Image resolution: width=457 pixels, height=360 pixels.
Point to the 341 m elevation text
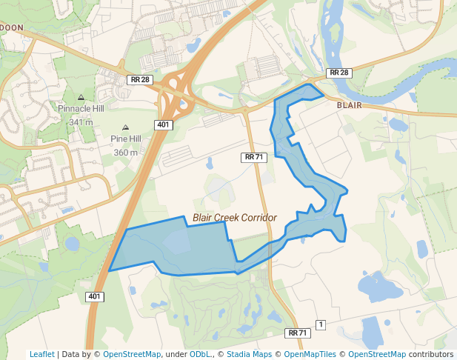[81, 121]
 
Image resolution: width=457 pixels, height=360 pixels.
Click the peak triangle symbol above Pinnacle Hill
[81, 97]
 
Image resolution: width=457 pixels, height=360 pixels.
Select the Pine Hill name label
[125, 139]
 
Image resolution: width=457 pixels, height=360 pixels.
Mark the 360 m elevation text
[125, 153]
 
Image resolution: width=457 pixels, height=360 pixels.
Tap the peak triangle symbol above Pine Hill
[125, 127]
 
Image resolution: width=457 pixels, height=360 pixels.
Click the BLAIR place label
[349, 105]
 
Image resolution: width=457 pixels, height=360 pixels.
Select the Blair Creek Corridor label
[234, 218]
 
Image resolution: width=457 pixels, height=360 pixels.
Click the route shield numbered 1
[321, 324]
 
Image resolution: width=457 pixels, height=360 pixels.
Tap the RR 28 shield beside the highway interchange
[139, 79]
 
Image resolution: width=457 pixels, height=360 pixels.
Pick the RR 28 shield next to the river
[338, 73]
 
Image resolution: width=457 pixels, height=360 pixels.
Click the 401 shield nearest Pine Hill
[164, 124]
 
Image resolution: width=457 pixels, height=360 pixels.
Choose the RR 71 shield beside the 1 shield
[298, 333]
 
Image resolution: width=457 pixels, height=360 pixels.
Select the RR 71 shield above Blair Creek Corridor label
[253, 157]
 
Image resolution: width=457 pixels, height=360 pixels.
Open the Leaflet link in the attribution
[41, 354]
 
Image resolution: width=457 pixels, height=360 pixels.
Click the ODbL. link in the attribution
[201, 354]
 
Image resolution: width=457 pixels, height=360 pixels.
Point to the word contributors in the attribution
[430, 354]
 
